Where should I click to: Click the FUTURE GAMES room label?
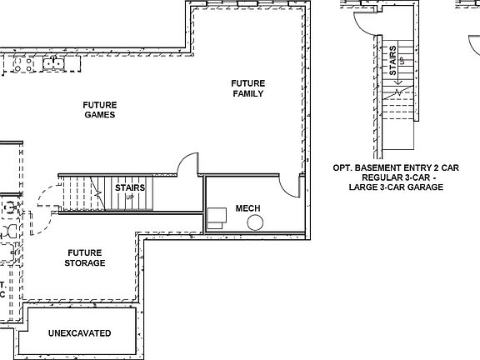point(100,110)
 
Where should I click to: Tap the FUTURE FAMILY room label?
point(248,88)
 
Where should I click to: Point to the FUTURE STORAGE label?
point(86,257)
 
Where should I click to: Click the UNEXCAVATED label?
point(80,333)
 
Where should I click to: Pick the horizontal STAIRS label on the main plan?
point(130,188)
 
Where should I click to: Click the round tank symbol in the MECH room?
point(255,222)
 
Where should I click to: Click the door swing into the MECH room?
point(290,187)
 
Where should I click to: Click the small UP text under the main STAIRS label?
point(130,197)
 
